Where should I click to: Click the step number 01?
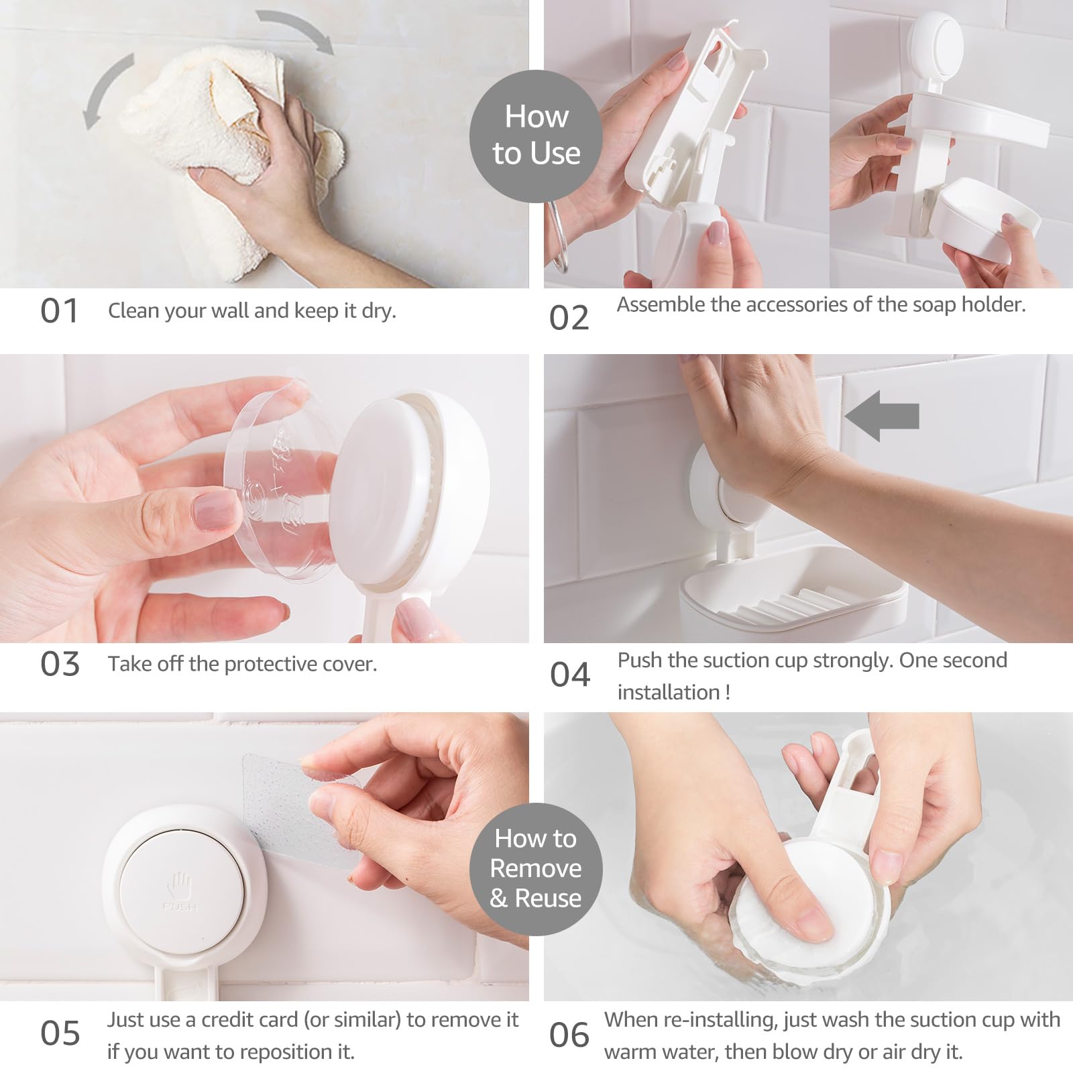click(x=59, y=311)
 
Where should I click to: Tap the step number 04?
click(x=570, y=675)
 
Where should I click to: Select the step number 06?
click(x=569, y=1035)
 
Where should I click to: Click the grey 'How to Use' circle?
click(x=536, y=135)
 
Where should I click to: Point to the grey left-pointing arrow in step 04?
click(x=881, y=416)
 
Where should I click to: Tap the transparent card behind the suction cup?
click(x=295, y=805)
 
